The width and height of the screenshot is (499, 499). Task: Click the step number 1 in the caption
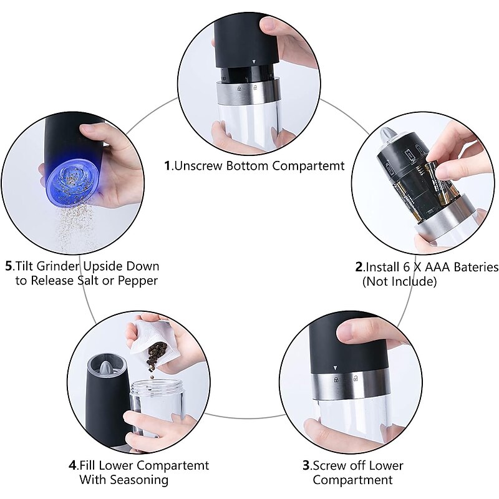(167, 166)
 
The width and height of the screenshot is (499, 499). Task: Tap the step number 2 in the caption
(359, 267)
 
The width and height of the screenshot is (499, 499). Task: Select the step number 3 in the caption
(306, 465)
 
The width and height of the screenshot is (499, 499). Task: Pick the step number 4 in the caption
(72, 465)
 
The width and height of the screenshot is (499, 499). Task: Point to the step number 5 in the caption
(9, 266)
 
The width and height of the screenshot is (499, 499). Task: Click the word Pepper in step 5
(138, 281)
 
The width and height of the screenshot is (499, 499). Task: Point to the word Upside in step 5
(103, 266)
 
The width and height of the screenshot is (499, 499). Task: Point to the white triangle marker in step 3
(335, 368)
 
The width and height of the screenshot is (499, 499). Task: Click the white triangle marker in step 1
(254, 62)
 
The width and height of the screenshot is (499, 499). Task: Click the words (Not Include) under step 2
(399, 281)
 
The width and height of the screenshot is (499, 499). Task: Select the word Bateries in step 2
(476, 267)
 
